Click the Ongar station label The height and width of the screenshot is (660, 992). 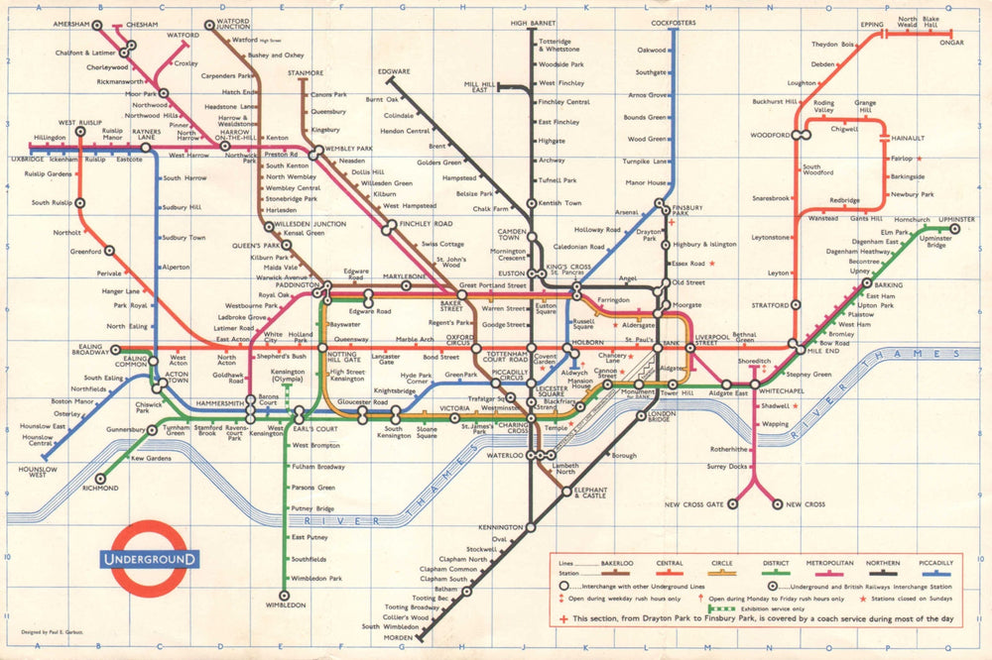click(x=951, y=43)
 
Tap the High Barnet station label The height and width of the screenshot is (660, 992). click(x=533, y=22)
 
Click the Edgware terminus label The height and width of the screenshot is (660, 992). click(x=394, y=71)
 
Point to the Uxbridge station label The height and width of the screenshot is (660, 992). click(x=28, y=159)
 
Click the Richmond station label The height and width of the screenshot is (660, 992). click(x=100, y=489)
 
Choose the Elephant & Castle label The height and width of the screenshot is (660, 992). click(x=590, y=492)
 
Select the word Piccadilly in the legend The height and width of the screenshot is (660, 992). click(x=935, y=563)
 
